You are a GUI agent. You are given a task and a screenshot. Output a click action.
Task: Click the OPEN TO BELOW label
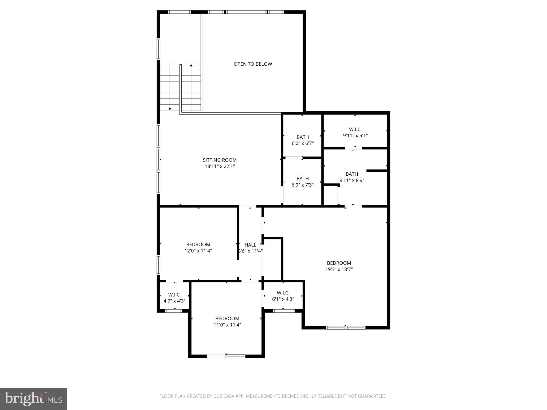[x=253, y=64]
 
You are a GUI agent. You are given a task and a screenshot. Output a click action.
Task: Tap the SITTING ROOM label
[x=220, y=160]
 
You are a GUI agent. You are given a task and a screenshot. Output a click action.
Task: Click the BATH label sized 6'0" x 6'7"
[x=302, y=137]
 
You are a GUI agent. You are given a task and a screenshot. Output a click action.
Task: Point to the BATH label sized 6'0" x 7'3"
[x=302, y=179]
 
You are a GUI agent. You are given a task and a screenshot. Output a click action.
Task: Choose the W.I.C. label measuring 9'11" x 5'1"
[x=355, y=129]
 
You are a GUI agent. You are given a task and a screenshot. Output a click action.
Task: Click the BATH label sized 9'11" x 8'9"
[x=352, y=174]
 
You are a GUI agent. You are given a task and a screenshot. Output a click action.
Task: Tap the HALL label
[x=250, y=245]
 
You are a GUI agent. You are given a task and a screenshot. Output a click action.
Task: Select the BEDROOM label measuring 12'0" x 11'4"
[x=198, y=245]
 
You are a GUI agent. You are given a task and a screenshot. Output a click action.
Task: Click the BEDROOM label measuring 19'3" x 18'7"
[x=339, y=263]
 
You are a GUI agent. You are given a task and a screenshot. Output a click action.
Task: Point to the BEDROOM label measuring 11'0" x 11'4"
[x=227, y=319]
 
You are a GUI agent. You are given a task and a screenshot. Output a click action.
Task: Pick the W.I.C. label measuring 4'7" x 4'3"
[x=174, y=295]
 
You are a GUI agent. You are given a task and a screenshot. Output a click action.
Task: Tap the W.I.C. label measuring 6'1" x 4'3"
[x=283, y=293]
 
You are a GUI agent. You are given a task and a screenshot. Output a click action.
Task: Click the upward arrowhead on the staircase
[x=191, y=65]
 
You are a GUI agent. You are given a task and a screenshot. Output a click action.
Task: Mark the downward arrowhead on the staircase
[x=170, y=109]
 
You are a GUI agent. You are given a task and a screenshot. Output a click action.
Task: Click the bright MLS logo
[x=33, y=399]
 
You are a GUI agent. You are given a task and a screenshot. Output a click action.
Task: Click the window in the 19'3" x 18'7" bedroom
[x=346, y=328]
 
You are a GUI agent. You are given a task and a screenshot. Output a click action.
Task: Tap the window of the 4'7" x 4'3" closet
[x=174, y=311]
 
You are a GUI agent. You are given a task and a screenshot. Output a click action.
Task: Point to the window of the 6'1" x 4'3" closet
[x=284, y=311]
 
